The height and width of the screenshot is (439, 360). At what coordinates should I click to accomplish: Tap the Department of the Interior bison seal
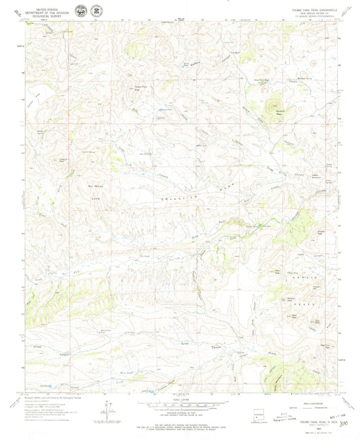(82, 11)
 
